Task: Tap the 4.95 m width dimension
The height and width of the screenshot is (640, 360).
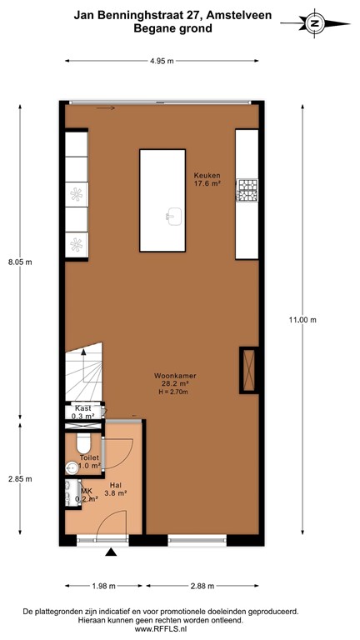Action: (x=162, y=61)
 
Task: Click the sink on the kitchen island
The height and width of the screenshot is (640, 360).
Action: (x=172, y=217)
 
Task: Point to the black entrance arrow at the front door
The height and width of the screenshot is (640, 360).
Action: (x=111, y=551)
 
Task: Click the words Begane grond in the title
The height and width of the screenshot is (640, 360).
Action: (x=172, y=27)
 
